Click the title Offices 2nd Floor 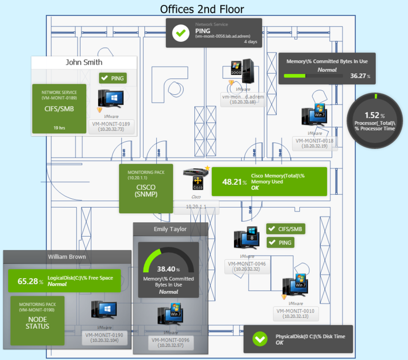(x=202, y=9)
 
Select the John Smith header (x=84, y=62)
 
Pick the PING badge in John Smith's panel (x=113, y=78)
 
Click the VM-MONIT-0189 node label (x=111, y=126)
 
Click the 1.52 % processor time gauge (x=375, y=119)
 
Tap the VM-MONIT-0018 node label (x=314, y=143)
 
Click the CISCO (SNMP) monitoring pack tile (x=146, y=188)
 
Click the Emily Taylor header (x=171, y=229)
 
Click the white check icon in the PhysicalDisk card (x=260, y=339)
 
